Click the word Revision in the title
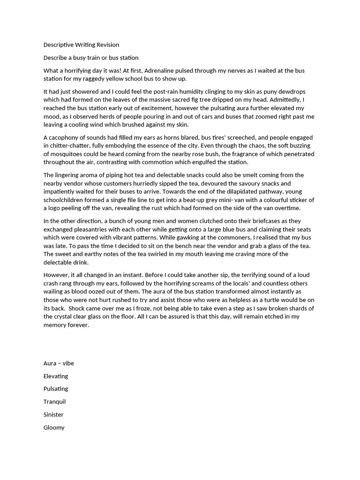click(107, 45)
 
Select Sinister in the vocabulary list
click(53, 415)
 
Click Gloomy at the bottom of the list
click(54, 427)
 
